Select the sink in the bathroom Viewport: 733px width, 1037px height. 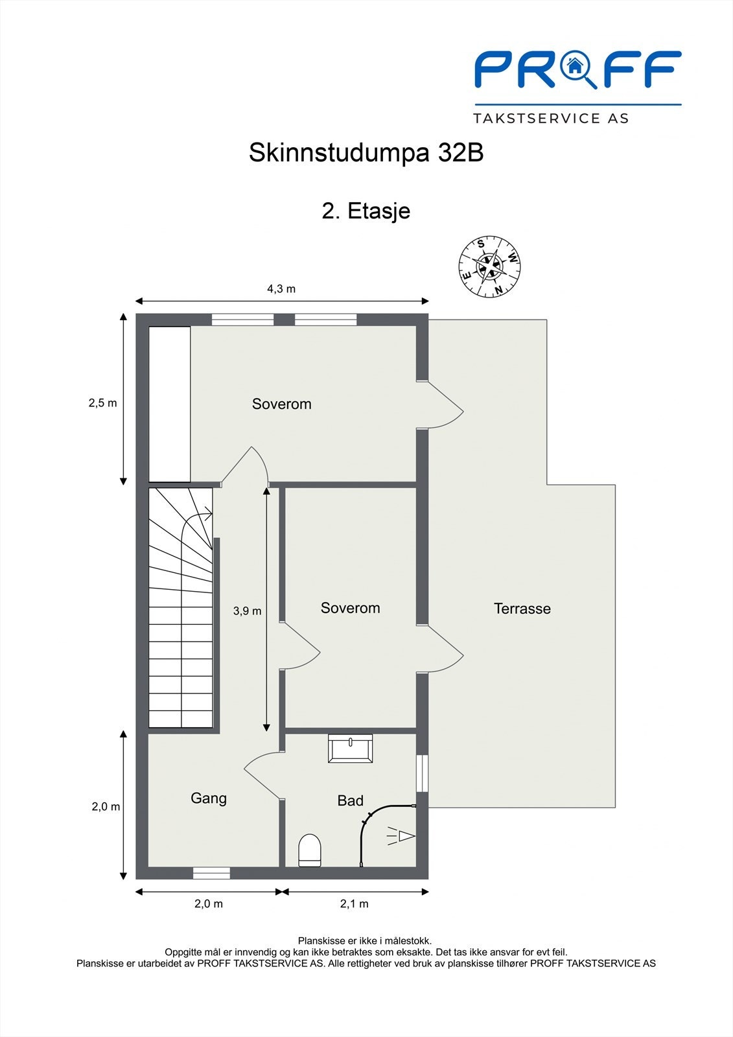click(x=350, y=748)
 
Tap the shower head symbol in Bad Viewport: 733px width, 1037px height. click(x=401, y=836)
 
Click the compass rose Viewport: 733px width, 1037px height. click(x=489, y=266)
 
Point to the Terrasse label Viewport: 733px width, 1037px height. click(x=522, y=609)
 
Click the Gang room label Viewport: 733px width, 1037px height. click(x=209, y=798)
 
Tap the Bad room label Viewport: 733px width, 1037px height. click(x=351, y=800)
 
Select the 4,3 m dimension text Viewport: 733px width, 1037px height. click(x=281, y=289)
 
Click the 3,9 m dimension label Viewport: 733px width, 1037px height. click(x=248, y=611)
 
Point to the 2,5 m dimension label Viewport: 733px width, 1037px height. click(x=103, y=402)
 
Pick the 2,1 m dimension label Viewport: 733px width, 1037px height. click(x=355, y=903)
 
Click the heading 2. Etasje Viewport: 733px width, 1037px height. click(x=366, y=211)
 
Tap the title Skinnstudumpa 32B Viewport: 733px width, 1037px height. click(x=366, y=153)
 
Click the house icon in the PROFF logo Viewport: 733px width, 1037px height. click(x=574, y=65)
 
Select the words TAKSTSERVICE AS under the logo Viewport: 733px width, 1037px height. click(x=551, y=119)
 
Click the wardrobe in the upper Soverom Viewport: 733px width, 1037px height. click(x=169, y=404)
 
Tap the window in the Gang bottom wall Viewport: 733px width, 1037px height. click(x=212, y=872)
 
